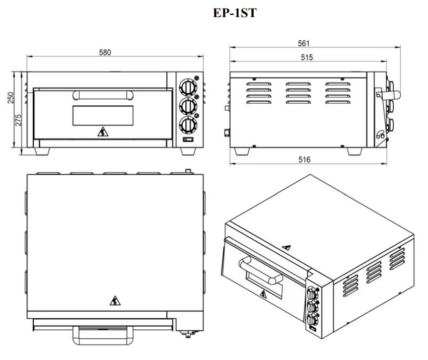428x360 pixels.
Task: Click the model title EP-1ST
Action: pyautogui.click(x=236, y=14)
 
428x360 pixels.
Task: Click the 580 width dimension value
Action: pyautogui.click(x=104, y=52)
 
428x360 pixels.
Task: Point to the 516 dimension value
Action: pyautogui.click(x=304, y=160)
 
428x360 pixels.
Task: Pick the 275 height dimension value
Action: pyautogui.click(x=20, y=120)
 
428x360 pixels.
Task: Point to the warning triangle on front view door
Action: pyautogui.click(x=103, y=132)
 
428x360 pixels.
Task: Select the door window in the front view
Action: pyautogui.click(x=103, y=116)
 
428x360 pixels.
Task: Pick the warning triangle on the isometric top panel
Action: pyautogui.click(x=286, y=248)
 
